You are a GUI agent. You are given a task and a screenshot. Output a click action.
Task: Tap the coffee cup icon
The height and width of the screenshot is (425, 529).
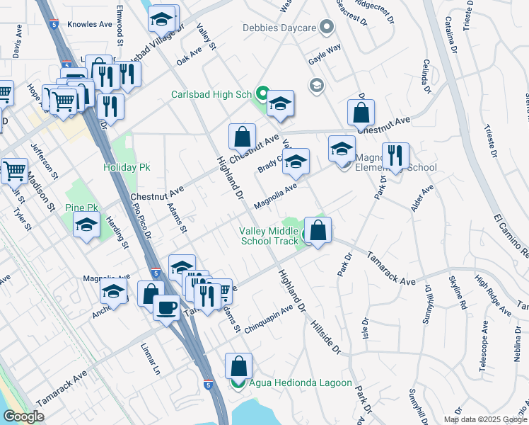click(x=167, y=308)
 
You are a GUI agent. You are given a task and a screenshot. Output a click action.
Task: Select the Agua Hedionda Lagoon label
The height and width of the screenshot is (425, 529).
click(x=300, y=383)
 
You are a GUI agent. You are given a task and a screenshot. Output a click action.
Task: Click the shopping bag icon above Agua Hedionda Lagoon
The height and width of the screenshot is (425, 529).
click(x=239, y=366)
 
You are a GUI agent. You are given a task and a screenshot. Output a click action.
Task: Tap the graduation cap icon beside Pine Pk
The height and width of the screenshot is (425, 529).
click(x=87, y=225)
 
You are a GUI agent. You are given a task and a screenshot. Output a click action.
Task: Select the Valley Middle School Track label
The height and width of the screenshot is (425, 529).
click(x=269, y=236)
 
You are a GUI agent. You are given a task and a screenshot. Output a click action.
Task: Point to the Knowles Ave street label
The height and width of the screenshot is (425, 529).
click(x=90, y=24)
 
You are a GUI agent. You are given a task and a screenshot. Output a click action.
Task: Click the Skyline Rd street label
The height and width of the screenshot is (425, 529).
click(x=463, y=294)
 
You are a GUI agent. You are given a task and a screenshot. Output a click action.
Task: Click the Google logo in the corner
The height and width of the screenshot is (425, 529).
click(x=23, y=416)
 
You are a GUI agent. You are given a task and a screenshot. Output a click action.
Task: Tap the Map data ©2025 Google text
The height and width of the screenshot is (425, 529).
click(x=484, y=419)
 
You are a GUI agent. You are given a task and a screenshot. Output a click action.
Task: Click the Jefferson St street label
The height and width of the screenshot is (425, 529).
click(x=42, y=161)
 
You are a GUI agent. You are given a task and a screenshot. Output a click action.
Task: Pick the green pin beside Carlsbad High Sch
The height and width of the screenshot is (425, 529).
click(x=262, y=93)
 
